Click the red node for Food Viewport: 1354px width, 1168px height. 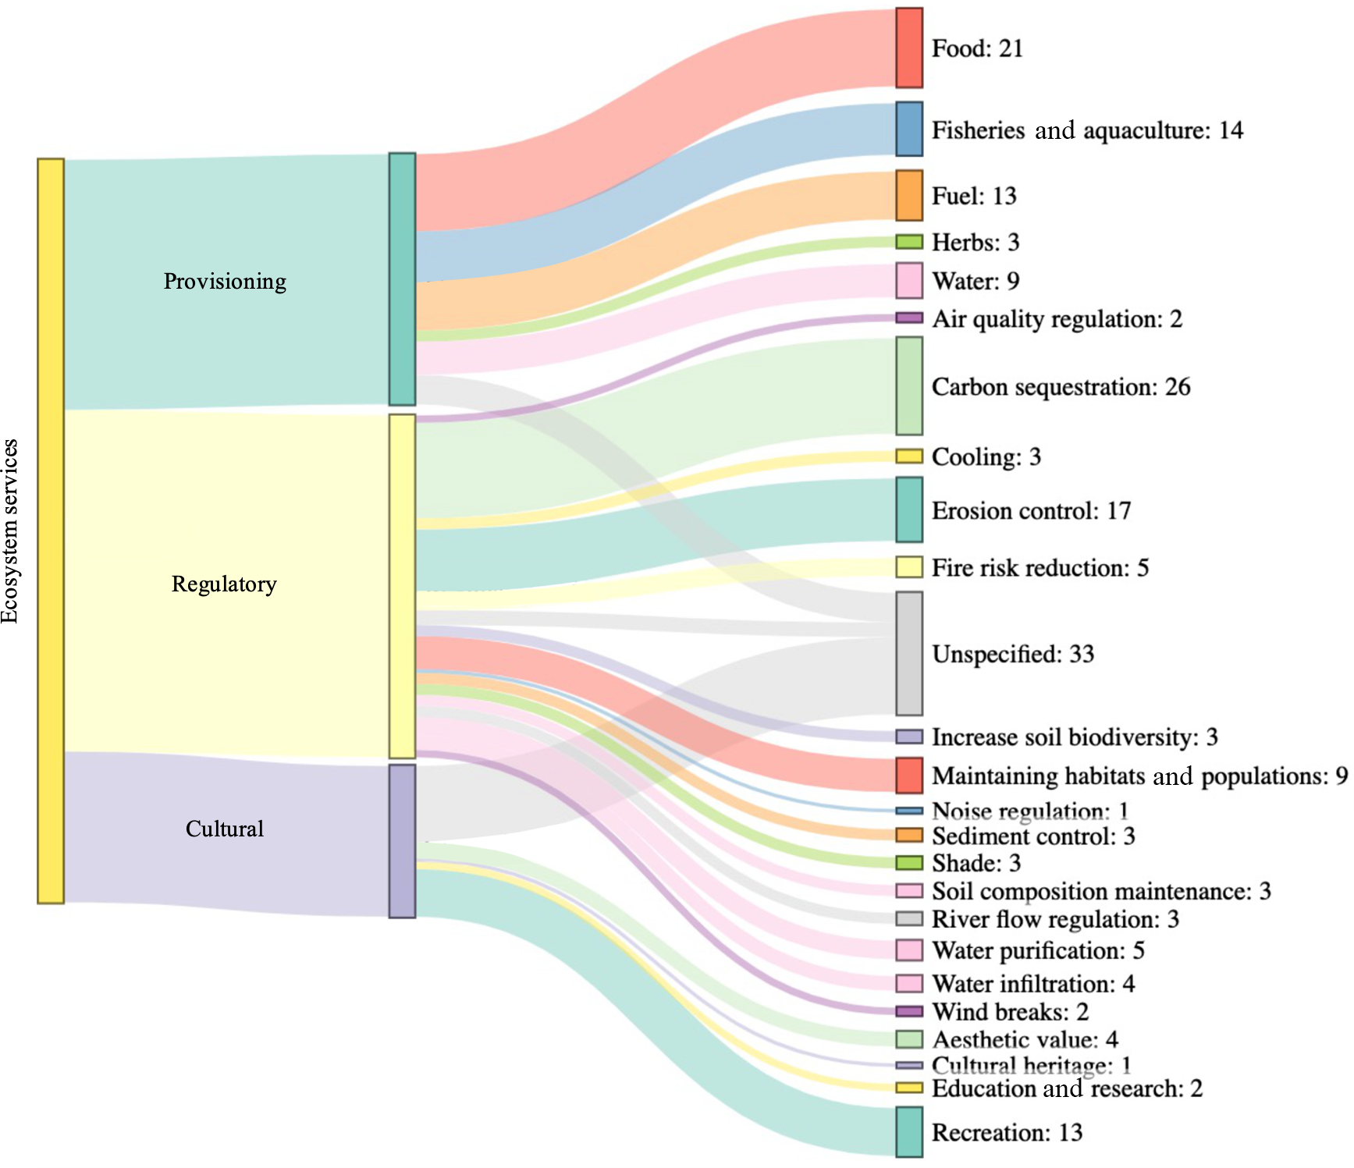pyautogui.click(x=908, y=48)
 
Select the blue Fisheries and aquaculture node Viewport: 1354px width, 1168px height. pyautogui.click(x=908, y=129)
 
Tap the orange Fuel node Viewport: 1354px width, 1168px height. pyautogui.click(x=908, y=195)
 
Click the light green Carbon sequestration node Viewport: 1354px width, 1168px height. pyautogui.click(x=908, y=386)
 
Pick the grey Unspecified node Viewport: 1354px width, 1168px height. pyautogui.click(x=908, y=653)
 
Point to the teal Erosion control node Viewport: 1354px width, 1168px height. pyautogui.click(x=908, y=510)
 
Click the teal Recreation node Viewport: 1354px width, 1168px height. pyautogui.click(x=908, y=1131)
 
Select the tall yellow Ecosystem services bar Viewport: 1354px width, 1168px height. pyautogui.click(x=51, y=531)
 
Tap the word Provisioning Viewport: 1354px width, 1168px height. pyautogui.click(x=225, y=281)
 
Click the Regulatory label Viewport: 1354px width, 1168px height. pyautogui.click(x=224, y=584)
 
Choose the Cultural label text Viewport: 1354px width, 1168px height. pyautogui.click(x=225, y=829)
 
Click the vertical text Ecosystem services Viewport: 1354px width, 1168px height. pyautogui.click(x=10, y=531)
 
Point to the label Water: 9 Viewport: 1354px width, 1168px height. pyautogui.click(x=976, y=281)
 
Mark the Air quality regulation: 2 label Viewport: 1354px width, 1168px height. pyautogui.click(x=1057, y=318)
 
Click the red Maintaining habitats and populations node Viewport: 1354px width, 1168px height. pyautogui.click(x=908, y=775)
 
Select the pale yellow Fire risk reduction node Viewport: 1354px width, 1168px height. pyautogui.click(x=908, y=567)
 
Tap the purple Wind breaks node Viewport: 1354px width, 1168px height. pyautogui.click(x=908, y=1011)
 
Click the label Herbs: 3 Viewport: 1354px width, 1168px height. pyautogui.click(x=976, y=242)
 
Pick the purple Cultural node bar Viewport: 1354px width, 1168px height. pyautogui.click(x=402, y=841)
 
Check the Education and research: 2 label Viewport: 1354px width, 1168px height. pyautogui.click(x=1067, y=1088)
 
